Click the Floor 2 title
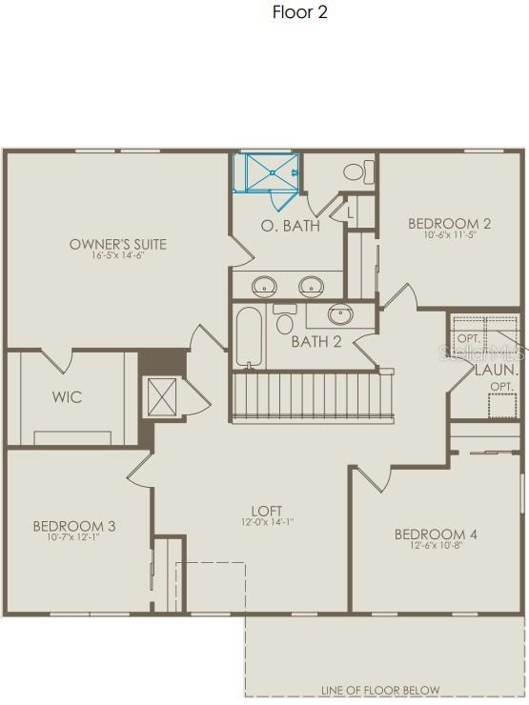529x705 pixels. (300, 12)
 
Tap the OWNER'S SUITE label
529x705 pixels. (118, 244)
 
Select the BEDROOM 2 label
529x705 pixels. (449, 224)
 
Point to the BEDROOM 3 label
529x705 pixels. (74, 526)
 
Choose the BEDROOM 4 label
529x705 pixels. (436, 534)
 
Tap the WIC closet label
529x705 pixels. (66, 397)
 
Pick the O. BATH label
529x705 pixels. (290, 226)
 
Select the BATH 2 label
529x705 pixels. (316, 342)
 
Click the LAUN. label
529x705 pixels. (497, 369)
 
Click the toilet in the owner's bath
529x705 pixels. (356, 172)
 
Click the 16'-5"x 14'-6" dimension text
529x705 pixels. (118, 256)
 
